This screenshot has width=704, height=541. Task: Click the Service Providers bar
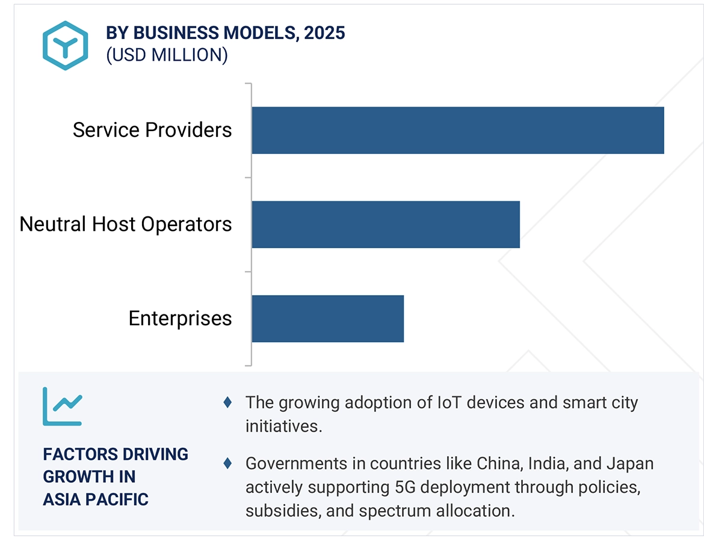click(x=457, y=130)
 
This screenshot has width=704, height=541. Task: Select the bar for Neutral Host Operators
click(x=385, y=224)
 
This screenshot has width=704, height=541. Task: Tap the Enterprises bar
click(x=327, y=319)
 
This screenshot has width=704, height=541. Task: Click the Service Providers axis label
click(x=152, y=130)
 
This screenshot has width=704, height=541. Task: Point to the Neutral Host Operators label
click(x=126, y=224)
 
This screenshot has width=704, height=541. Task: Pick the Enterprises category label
click(x=180, y=318)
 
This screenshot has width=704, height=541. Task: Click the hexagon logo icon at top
click(x=65, y=45)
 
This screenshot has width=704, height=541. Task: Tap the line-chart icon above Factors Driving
click(x=62, y=406)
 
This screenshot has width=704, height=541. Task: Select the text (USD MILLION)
click(x=167, y=55)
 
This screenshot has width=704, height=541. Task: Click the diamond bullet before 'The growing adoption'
click(x=227, y=403)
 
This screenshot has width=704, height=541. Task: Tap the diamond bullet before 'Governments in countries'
click(x=227, y=463)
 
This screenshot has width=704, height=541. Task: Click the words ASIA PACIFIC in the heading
click(x=96, y=499)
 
